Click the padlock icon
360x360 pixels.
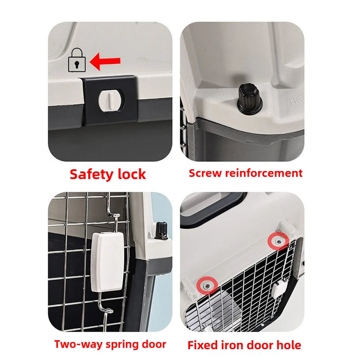76,61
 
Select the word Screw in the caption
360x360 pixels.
204,173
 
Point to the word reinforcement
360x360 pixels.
262,173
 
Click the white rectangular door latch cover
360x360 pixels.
108,261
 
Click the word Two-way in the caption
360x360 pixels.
76,345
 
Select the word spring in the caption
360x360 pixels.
121,345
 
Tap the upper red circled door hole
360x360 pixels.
278,242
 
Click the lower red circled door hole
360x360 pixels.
207,285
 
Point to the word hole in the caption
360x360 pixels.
288,346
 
